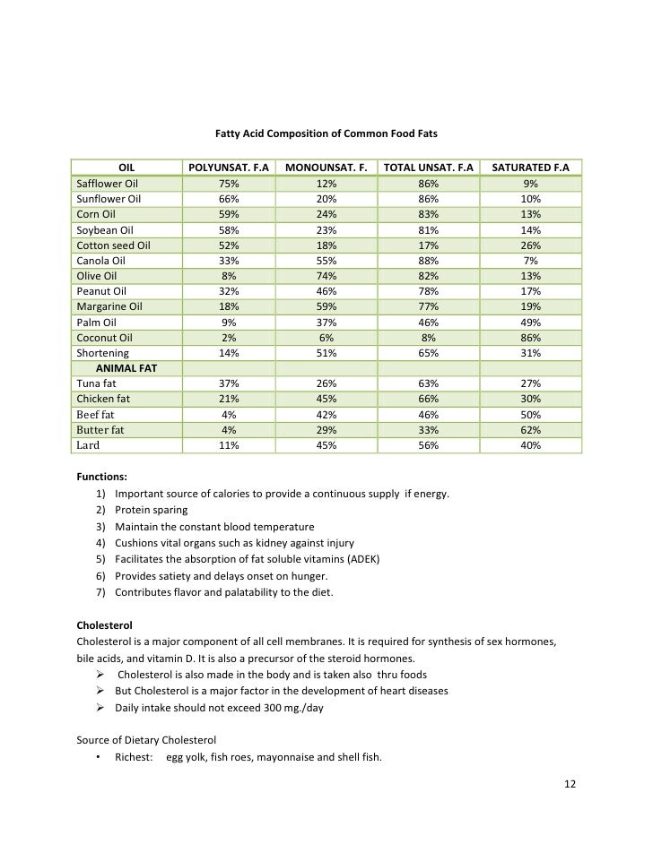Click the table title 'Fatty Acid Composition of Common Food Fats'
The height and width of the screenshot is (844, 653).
tap(326, 134)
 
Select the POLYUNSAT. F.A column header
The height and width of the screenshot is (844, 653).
tap(229, 167)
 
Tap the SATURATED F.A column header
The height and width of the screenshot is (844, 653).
tap(531, 167)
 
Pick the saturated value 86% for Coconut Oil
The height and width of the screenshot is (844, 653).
tap(531, 338)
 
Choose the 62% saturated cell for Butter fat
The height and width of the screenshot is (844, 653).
tap(531, 430)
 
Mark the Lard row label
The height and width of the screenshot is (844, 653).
tap(89, 445)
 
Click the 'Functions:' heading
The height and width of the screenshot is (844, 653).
tap(101, 478)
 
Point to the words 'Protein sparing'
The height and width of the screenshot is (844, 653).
tap(152, 511)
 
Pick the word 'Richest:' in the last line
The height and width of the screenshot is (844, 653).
tap(134, 757)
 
